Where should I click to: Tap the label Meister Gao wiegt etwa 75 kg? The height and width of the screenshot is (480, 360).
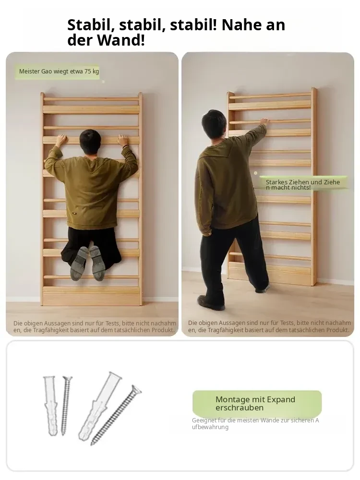(59, 72)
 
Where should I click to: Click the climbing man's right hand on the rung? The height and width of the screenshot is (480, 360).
(123, 140)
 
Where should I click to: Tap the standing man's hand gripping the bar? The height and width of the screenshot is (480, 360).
(264, 121)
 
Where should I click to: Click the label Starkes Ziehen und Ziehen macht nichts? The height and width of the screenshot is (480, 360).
(303, 185)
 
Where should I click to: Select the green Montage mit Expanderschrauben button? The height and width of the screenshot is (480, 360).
(257, 403)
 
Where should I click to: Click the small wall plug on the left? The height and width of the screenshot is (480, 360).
(50, 406)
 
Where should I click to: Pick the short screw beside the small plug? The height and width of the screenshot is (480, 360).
(66, 405)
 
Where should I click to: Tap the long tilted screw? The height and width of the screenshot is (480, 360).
(116, 415)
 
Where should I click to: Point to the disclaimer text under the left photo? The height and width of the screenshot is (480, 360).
(95, 326)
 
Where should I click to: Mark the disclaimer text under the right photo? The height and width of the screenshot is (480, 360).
(269, 326)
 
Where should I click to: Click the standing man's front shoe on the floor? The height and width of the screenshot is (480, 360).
(211, 302)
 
